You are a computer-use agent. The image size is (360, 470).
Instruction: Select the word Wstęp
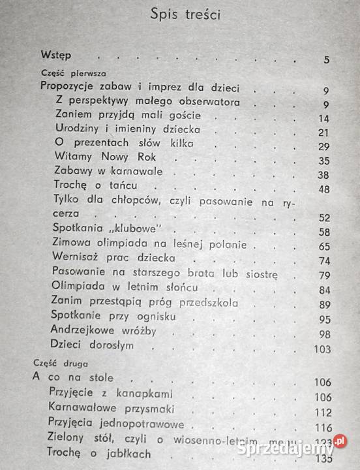[56, 55]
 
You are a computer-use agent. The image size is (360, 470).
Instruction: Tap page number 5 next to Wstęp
[326, 61]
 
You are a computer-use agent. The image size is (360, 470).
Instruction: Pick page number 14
[323, 118]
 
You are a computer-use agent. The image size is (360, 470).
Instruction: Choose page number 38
[323, 175]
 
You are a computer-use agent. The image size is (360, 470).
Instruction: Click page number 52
[323, 217]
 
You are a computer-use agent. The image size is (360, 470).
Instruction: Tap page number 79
[323, 276]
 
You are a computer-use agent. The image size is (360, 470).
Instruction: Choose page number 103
[322, 349]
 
